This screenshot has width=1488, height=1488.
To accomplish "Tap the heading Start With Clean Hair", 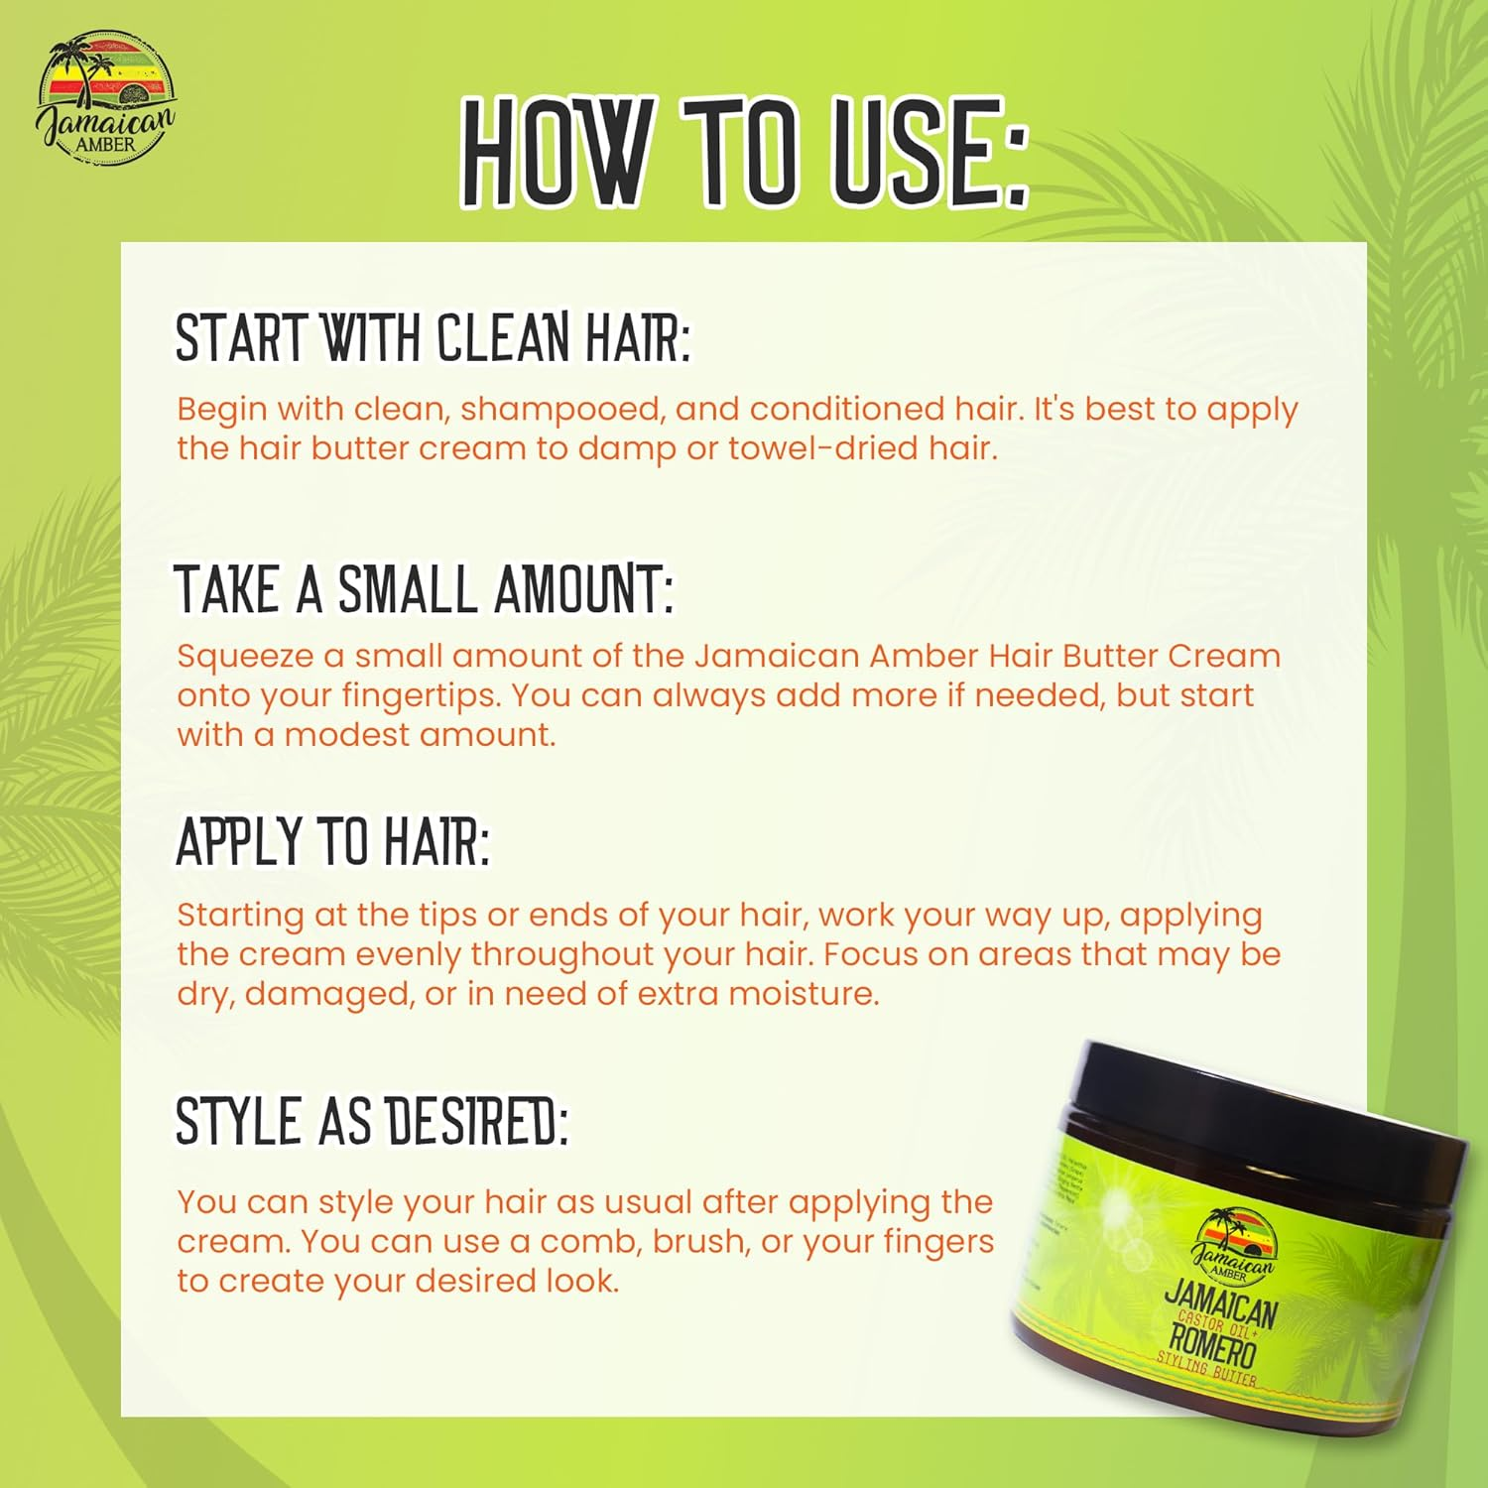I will click(x=433, y=337).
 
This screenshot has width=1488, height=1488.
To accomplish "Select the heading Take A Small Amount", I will click(x=425, y=588).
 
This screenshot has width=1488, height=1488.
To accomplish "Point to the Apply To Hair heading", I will click(x=332, y=842).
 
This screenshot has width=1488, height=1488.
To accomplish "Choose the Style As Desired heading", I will click(x=372, y=1122).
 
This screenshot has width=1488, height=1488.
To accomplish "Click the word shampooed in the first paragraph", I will click(x=560, y=410).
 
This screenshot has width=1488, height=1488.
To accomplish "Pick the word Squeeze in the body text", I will click(x=244, y=657).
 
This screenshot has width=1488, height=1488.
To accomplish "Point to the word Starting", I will click(x=240, y=915).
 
